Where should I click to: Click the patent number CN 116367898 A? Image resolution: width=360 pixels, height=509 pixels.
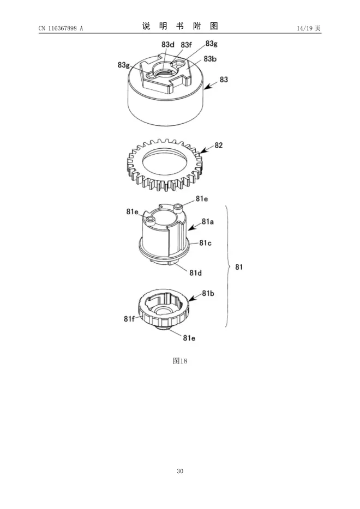click(x=61, y=28)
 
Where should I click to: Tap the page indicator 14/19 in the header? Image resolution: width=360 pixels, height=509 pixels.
click(x=305, y=28)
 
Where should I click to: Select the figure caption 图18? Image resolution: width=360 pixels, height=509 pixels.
click(x=180, y=361)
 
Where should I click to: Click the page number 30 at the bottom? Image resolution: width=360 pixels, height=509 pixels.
click(x=180, y=471)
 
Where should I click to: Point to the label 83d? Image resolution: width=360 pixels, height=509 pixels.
click(x=168, y=45)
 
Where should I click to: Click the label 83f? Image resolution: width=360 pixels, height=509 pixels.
click(x=186, y=45)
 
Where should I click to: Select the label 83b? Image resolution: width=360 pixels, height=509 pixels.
click(x=210, y=59)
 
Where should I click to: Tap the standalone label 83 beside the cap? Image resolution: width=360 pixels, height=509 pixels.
click(x=224, y=80)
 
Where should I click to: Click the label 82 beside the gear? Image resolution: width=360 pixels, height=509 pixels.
click(x=219, y=145)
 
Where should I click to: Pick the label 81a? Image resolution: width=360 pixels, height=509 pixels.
click(x=208, y=222)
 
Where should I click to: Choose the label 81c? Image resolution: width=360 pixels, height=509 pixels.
click(x=205, y=243)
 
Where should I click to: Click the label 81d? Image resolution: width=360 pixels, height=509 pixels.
click(x=196, y=273)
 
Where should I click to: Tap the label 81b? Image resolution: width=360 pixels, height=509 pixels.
click(x=208, y=293)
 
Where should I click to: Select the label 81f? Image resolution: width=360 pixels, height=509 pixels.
click(x=129, y=319)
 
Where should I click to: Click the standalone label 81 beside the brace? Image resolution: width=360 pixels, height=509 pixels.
click(x=239, y=267)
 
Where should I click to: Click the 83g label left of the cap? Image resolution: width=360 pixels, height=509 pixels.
click(x=124, y=65)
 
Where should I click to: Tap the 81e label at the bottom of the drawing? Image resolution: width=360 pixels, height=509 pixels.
click(x=189, y=338)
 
